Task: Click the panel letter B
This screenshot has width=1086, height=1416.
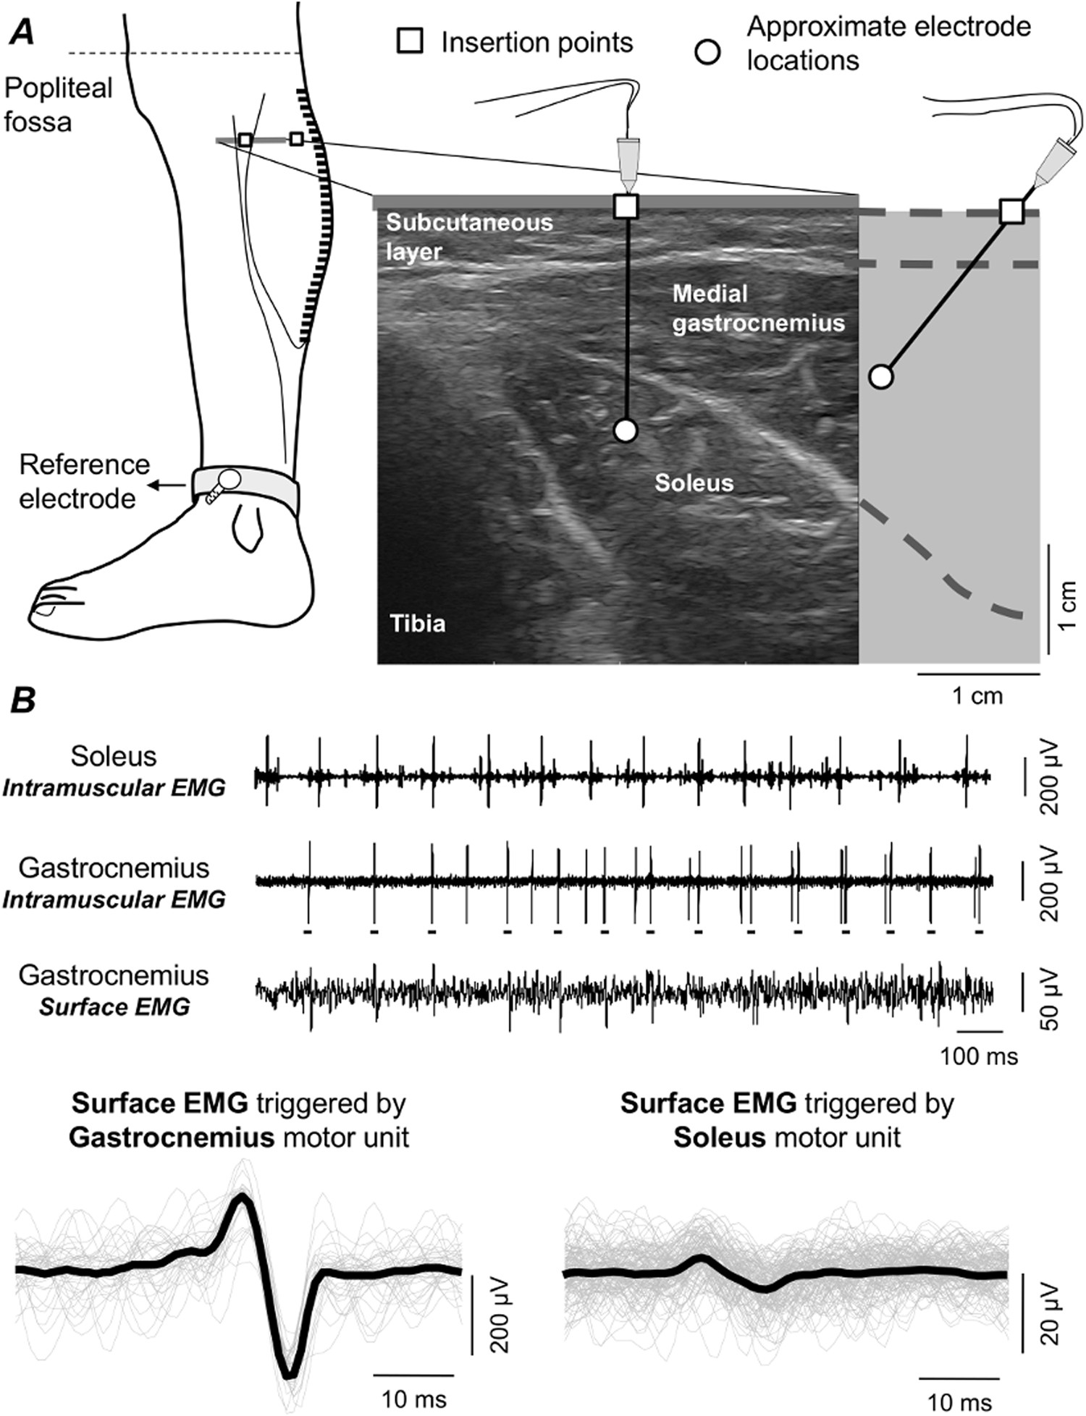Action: point(22,700)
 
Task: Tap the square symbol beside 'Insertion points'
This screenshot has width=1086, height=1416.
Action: point(411,42)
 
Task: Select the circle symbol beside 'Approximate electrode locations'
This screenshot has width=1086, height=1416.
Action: point(707,53)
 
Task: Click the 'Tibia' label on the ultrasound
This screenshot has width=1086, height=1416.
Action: point(418,624)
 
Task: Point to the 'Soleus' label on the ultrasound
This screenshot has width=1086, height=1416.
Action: point(694,483)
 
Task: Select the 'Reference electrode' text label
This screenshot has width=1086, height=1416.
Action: point(84,481)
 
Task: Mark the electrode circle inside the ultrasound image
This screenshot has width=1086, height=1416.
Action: point(626,431)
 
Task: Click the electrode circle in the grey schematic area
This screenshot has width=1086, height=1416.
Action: point(880,377)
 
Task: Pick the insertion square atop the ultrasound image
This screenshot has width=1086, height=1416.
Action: point(626,206)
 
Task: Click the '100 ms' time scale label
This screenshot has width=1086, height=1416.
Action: point(979,1056)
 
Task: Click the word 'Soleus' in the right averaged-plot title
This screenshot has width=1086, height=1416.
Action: point(719,1137)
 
